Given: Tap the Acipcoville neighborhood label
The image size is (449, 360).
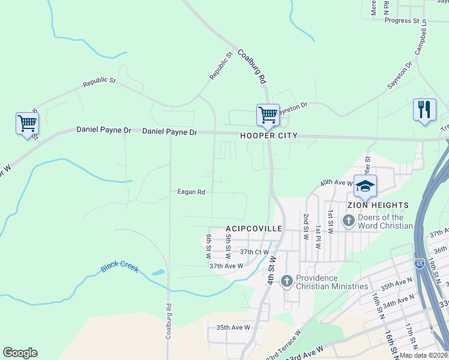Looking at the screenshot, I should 253,229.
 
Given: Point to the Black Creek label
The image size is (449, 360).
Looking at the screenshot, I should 119,267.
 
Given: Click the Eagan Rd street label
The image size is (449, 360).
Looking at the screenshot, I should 191,192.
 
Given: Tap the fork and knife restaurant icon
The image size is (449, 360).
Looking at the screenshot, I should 424,110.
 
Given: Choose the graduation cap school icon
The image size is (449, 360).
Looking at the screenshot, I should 364,187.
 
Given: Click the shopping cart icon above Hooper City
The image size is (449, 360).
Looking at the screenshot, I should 267,114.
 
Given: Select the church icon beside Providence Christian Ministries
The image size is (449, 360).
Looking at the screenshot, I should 287,281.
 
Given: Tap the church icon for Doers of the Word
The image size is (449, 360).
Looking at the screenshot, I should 348,221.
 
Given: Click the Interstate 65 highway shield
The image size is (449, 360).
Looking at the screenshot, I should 419,263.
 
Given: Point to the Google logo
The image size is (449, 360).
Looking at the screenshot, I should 20,353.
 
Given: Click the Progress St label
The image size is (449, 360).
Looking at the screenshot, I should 402,20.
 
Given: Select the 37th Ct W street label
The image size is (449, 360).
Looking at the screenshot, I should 253,252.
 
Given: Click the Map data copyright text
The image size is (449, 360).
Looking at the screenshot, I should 423,355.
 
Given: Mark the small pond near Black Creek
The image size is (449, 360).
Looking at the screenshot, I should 158,272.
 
